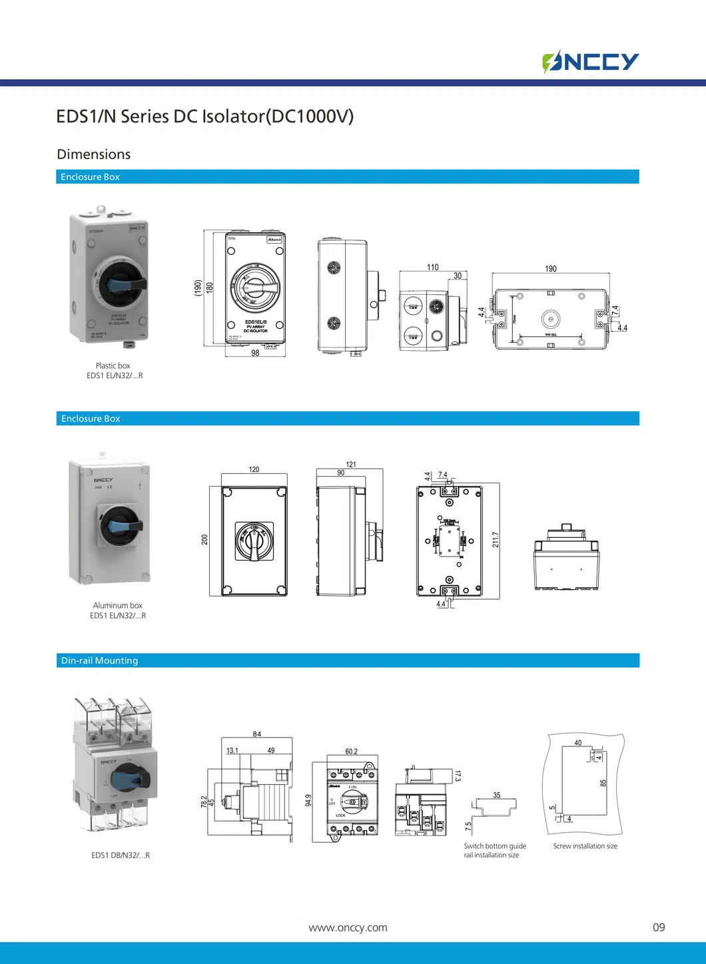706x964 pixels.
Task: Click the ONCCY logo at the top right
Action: (x=590, y=62)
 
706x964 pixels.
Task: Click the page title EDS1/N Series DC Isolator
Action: (x=204, y=117)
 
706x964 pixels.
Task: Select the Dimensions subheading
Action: (x=94, y=154)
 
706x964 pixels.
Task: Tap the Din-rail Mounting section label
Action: (x=99, y=660)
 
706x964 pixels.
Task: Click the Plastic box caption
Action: (x=113, y=365)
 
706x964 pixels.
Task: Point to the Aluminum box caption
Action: (x=118, y=605)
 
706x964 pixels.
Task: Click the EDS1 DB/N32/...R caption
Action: (x=121, y=855)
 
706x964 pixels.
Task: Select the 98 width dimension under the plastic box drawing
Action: (x=255, y=353)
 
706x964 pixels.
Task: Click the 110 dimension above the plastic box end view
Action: (x=433, y=268)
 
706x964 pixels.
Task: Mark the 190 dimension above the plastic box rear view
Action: (x=551, y=269)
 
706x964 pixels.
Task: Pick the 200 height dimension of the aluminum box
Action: (x=204, y=539)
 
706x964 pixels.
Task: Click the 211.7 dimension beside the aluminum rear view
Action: (x=496, y=540)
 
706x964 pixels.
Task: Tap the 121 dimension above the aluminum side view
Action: (x=351, y=465)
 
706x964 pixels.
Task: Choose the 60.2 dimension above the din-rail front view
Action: (x=351, y=752)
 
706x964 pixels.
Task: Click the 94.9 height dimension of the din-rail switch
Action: (x=308, y=800)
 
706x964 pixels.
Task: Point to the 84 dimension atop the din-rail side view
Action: (x=257, y=734)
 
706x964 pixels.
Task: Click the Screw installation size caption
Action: (x=585, y=846)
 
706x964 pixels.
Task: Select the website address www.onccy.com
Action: (x=348, y=927)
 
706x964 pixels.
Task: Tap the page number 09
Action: (x=659, y=927)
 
